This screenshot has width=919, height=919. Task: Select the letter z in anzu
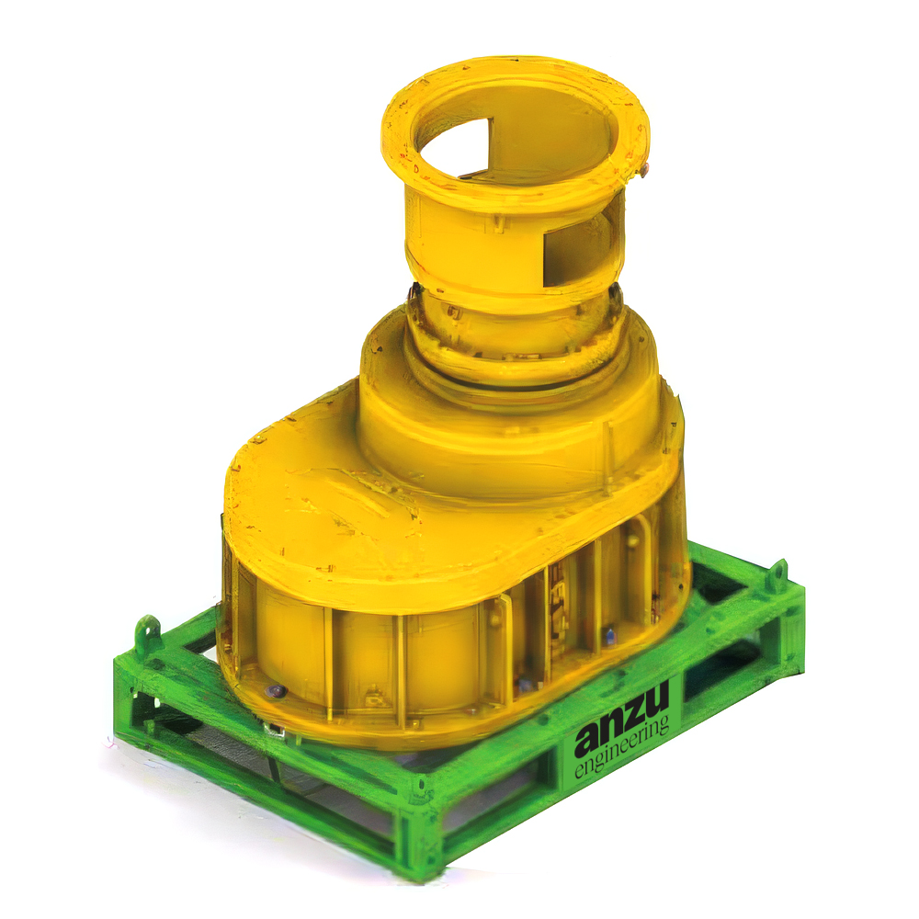[x=633, y=716]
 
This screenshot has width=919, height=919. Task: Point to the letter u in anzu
[x=657, y=701]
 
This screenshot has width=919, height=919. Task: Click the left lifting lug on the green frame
[x=148, y=633]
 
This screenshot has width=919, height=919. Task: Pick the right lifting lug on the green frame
[x=777, y=574]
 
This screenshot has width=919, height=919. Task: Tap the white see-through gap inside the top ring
[x=454, y=147]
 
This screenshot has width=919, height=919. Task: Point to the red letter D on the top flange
[x=416, y=169]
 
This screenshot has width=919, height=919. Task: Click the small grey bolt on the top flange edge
[x=644, y=170]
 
